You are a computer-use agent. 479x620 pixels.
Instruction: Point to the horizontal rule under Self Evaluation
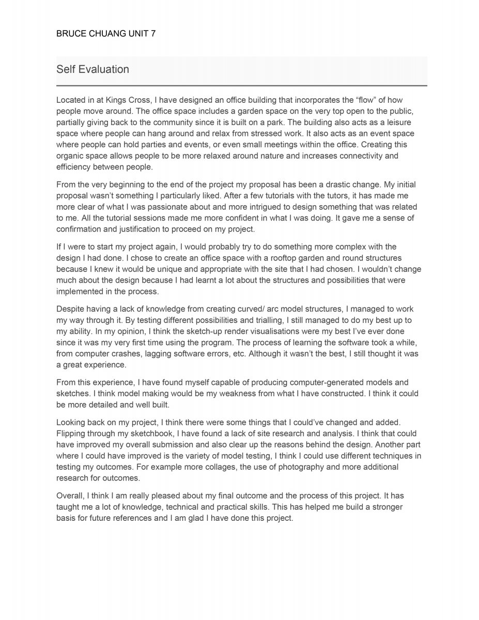(241, 85)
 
